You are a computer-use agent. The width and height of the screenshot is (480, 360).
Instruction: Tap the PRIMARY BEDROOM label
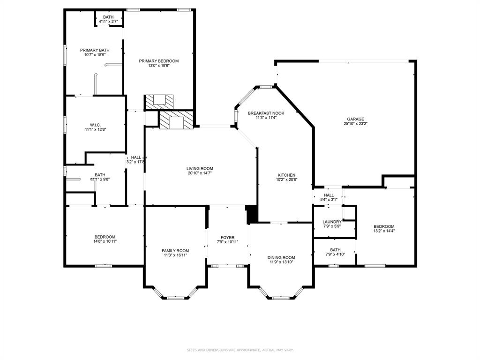click(x=158, y=61)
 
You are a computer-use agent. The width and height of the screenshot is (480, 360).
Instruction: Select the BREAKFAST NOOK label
click(x=266, y=113)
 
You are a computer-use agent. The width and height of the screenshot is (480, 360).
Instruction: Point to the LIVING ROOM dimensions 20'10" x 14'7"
click(x=200, y=173)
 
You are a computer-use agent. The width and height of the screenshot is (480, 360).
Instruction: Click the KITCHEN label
click(x=286, y=175)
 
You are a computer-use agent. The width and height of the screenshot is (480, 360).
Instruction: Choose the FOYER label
click(x=227, y=238)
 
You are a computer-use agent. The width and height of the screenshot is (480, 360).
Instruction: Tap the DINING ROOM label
click(x=281, y=257)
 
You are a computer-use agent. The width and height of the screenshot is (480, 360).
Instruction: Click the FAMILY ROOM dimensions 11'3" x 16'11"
click(x=175, y=255)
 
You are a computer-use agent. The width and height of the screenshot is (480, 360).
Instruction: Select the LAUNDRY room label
click(x=332, y=222)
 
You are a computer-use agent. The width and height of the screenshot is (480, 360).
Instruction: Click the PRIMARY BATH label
click(x=95, y=50)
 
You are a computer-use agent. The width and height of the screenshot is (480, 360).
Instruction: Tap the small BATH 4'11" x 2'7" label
click(x=108, y=17)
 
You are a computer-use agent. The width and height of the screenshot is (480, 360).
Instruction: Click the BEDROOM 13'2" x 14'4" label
click(x=384, y=226)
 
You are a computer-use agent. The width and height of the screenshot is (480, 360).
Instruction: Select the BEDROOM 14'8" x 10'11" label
click(x=105, y=237)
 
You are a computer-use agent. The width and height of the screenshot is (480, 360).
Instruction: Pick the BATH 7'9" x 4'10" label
click(x=335, y=250)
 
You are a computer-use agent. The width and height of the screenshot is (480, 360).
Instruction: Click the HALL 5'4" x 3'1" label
click(x=329, y=195)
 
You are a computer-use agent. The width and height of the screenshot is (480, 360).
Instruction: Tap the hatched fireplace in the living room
click(x=176, y=120)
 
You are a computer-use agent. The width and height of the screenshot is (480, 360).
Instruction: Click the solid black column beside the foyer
click(x=252, y=214)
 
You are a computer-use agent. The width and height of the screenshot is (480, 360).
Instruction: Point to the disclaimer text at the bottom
click(x=240, y=350)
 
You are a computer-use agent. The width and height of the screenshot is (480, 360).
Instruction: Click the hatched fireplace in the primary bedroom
click(x=158, y=101)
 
